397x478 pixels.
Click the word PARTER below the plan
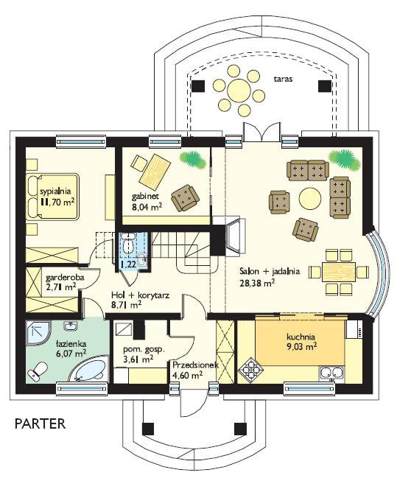click(x=41, y=423)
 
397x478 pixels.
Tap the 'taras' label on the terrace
click(x=283, y=79)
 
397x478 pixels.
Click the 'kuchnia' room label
click(x=301, y=337)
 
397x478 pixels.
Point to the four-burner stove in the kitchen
click(x=250, y=370)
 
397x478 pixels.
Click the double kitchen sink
click(x=331, y=373)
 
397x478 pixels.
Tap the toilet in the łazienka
click(x=38, y=372)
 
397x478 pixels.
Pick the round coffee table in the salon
click(x=310, y=198)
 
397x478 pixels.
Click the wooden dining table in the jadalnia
click(x=339, y=272)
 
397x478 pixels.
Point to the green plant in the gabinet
click(x=192, y=159)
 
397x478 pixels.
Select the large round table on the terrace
click(x=239, y=90)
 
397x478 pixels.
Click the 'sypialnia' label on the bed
click(x=55, y=191)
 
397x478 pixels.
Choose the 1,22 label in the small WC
click(x=128, y=264)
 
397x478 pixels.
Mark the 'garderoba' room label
click(x=65, y=278)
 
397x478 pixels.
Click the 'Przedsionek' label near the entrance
click(x=195, y=365)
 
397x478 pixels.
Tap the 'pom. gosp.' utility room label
click(x=144, y=350)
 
